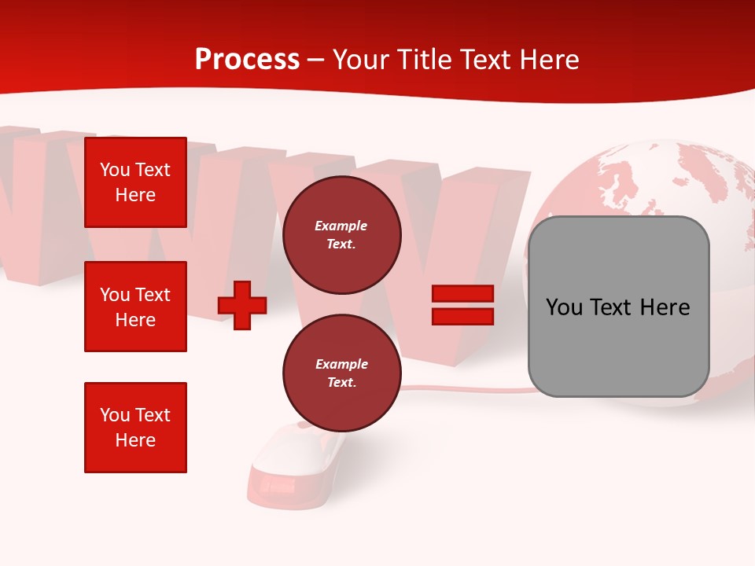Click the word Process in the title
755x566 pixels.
point(247,60)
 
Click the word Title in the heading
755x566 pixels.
point(422,60)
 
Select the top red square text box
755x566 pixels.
point(135,182)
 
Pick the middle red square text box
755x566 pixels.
point(135,307)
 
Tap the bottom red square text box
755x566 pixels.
point(135,428)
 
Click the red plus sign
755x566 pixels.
point(242,305)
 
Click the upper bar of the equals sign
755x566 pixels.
point(462,294)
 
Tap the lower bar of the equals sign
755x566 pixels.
point(462,316)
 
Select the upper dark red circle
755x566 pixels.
point(341,235)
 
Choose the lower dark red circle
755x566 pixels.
point(341,373)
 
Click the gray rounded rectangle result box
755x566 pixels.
point(618,307)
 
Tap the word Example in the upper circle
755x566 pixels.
point(341,226)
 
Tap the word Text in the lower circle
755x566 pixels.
point(341,383)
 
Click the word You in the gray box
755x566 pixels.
point(564,307)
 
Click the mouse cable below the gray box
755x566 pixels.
point(472,389)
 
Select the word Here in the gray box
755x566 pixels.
point(665,307)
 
